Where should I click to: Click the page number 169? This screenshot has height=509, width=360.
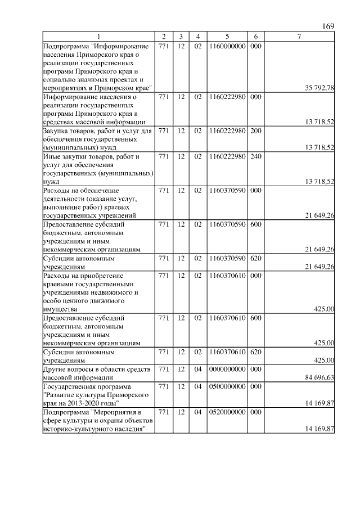pyautogui.click(x=328, y=27)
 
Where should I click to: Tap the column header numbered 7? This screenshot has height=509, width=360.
pyautogui.click(x=299, y=37)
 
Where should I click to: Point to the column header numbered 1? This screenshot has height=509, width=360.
pyautogui.click(x=98, y=37)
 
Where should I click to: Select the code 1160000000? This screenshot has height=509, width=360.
pyautogui.click(x=227, y=46)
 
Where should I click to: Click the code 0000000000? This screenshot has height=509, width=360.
pyautogui.click(x=227, y=369)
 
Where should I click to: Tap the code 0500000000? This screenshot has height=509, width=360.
pyautogui.click(x=227, y=386)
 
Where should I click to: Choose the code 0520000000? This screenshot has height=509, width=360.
pyautogui.click(x=227, y=412)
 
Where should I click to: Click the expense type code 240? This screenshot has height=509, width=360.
pyautogui.click(x=255, y=156)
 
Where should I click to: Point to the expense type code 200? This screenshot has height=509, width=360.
pyautogui.click(x=255, y=131)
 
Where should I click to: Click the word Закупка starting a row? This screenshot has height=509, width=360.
pyautogui.click(x=56, y=131)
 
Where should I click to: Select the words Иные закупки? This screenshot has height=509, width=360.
pyautogui.click(x=66, y=156)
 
